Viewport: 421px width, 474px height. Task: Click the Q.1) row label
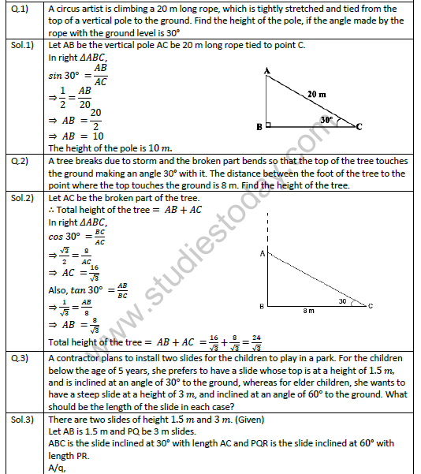pyautogui.click(x=21, y=9)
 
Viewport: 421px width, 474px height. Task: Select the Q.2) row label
pyautogui.click(x=21, y=161)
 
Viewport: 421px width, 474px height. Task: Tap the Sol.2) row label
pyautogui.click(x=24, y=195)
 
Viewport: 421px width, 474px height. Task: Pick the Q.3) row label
pyautogui.click(x=21, y=357)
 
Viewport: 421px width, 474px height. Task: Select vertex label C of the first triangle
pyautogui.click(x=359, y=126)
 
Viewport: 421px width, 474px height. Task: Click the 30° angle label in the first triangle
pyautogui.click(x=326, y=121)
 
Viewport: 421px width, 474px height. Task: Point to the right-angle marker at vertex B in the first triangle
pyautogui.click(x=270, y=125)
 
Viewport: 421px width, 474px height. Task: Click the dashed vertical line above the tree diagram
pyautogui.click(x=269, y=229)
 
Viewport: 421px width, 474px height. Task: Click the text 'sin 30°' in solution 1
pyautogui.click(x=65, y=75)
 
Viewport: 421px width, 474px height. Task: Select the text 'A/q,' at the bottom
pyautogui.click(x=58, y=467)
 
